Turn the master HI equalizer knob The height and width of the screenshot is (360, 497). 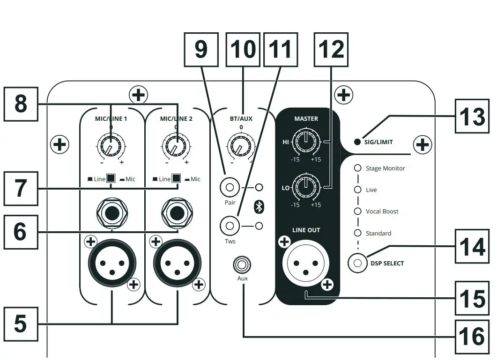[x=305, y=142]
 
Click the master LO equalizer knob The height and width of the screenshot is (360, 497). [x=305, y=186]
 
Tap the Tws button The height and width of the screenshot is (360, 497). [x=230, y=226]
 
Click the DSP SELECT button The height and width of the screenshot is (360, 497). [x=358, y=263]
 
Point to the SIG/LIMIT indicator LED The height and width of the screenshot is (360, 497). [x=357, y=142]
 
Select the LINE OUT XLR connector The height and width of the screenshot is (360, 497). [x=306, y=264]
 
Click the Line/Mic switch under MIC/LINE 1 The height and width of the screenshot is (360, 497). [x=111, y=179]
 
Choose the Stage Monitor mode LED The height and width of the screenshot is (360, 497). [x=358, y=168]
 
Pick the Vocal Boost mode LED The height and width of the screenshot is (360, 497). [x=358, y=211]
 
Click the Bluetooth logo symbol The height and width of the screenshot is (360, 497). [x=258, y=207]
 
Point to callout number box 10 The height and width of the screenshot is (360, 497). [x=243, y=49]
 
